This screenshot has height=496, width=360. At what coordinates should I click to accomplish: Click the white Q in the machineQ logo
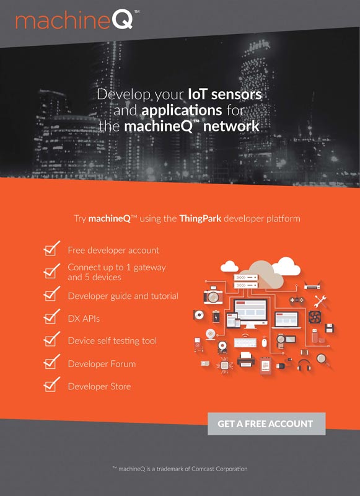pyautogui.click(x=123, y=20)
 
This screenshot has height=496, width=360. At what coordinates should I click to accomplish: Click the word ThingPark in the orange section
pyautogui.click(x=200, y=219)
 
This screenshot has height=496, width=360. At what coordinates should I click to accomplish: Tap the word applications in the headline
pyautogui.click(x=182, y=111)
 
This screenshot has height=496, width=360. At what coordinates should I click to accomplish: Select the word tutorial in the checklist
pyautogui.click(x=164, y=296)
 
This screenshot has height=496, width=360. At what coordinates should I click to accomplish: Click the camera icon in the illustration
pyautogui.click(x=213, y=296)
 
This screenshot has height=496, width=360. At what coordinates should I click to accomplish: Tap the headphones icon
pyautogui.click(x=304, y=365)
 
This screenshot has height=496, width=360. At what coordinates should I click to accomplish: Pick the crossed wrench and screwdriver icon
pyautogui.click(x=320, y=301)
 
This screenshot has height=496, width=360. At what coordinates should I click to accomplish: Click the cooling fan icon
pyautogui.click(x=315, y=317)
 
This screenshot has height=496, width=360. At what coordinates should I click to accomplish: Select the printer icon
pyautogui.click(x=246, y=360)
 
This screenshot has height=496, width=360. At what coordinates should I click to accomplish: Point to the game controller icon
pyautogui.click(x=297, y=299)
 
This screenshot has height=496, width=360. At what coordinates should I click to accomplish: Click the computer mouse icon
pyautogui.click(x=265, y=342)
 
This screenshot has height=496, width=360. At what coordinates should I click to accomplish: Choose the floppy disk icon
pyautogui.click(x=330, y=328)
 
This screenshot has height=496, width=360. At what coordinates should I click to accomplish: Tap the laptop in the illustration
pyautogui.click(x=286, y=320)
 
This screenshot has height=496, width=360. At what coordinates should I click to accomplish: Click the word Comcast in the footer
pyautogui.click(x=203, y=469)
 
